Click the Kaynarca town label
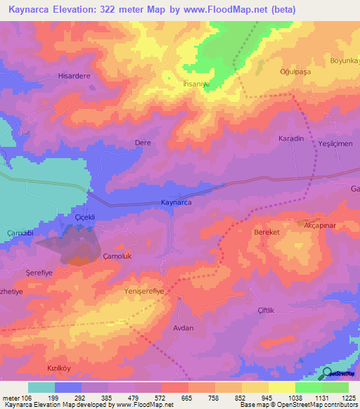tap(176, 202)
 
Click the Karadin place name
tap(291, 138)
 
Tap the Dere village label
tap(143, 143)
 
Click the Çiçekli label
tap(84, 218)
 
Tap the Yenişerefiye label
tap(143, 291)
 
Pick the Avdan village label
tap(182, 327)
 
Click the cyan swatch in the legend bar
tap(41, 387)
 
